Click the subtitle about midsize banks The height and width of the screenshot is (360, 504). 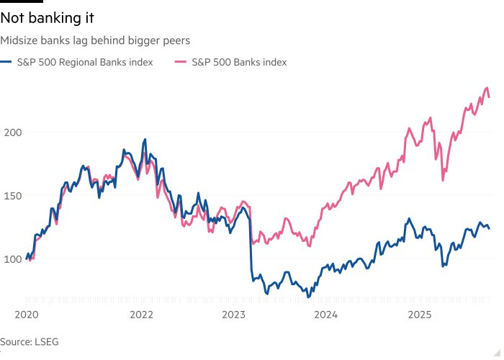(x=95, y=41)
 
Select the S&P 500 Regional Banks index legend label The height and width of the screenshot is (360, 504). (x=85, y=63)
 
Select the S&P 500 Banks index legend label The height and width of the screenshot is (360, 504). (x=239, y=63)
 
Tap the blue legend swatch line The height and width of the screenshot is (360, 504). (x=8, y=63)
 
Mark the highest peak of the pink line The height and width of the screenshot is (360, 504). (x=487, y=88)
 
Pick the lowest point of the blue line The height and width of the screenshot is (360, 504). (x=308, y=297)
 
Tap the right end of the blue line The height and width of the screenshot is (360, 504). (x=490, y=229)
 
